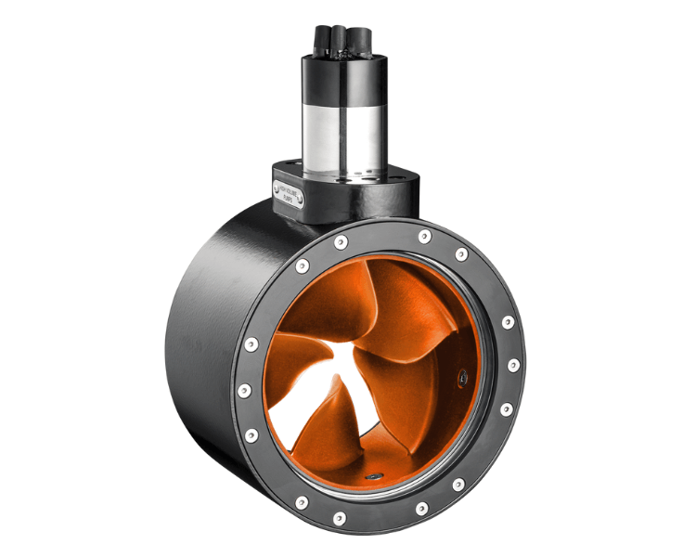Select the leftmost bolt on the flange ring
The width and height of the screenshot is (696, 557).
pos(243,390)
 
